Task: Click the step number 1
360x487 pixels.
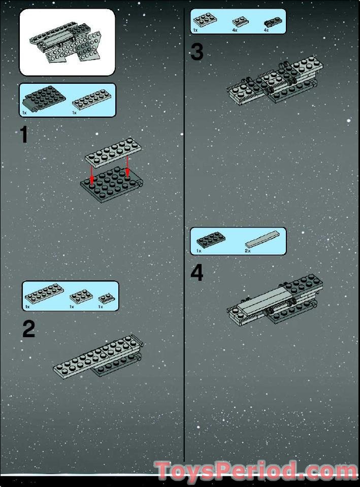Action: point(24,135)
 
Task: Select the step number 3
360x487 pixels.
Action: point(197,52)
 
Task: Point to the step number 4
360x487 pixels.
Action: point(197,273)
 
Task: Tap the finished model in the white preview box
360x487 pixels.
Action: point(66,45)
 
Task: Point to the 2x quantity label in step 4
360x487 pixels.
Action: point(248,251)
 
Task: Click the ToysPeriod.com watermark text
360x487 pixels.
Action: point(256,471)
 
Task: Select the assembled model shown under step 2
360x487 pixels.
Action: point(99,359)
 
